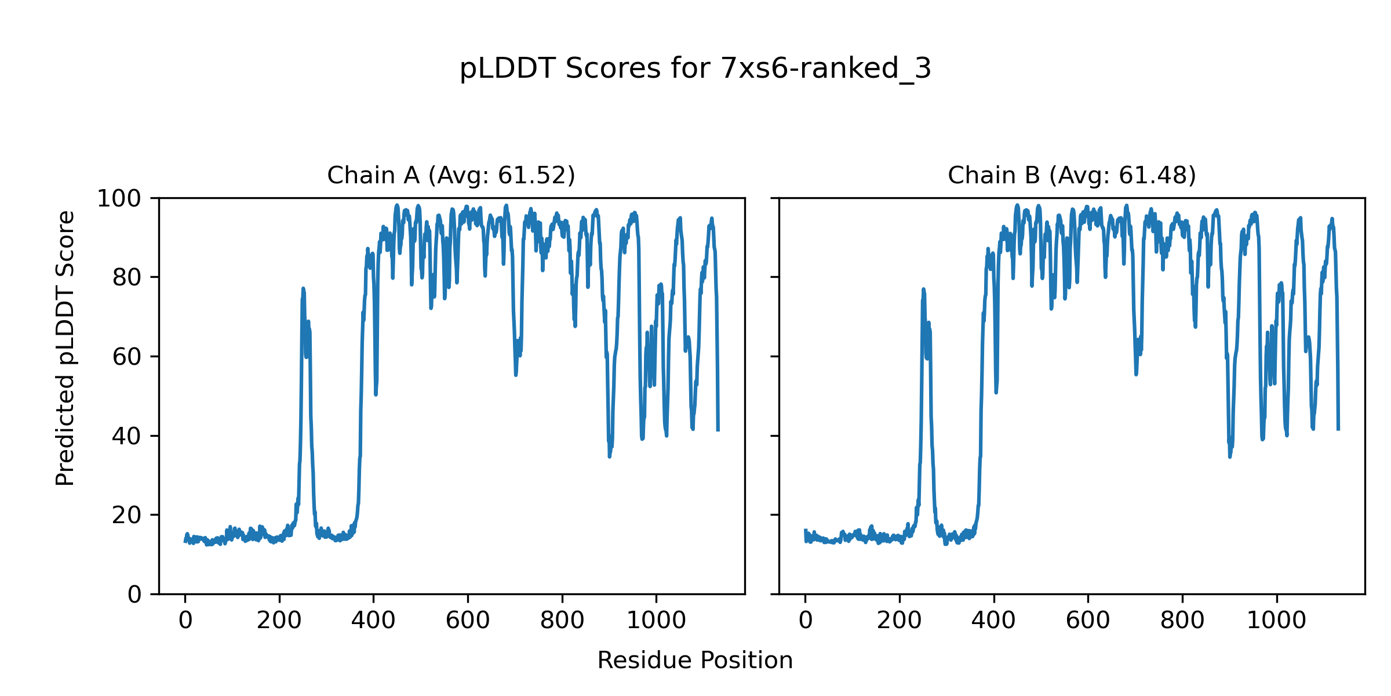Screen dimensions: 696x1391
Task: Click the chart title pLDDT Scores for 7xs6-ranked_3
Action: point(695,69)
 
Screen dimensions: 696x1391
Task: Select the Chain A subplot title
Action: point(451,175)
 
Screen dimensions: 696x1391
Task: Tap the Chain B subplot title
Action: point(1072,175)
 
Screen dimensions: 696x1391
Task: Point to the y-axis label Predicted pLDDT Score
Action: point(65,348)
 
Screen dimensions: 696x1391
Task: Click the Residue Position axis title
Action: point(695,661)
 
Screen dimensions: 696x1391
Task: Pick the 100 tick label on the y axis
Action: point(119,199)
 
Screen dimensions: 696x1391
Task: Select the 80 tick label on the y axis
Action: point(127,278)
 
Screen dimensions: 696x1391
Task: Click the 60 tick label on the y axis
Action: point(127,357)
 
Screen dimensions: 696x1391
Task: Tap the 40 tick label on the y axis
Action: point(127,436)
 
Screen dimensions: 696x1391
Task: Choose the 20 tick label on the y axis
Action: point(127,515)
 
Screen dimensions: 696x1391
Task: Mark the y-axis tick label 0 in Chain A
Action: point(134,594)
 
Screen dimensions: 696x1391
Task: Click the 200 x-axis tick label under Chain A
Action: point(279,621)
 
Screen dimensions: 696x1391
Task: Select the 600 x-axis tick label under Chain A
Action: point(468,621)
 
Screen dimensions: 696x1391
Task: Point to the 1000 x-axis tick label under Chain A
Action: point(656,621)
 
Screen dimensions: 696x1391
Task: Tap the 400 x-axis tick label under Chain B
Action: point(993,621)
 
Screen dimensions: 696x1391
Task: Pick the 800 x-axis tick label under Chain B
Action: point(1182,621)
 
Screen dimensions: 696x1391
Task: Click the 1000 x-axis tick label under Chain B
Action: point(1276,621)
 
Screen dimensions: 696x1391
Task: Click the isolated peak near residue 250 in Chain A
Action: point(303,289)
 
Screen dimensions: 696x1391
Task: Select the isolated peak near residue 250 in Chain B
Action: point(923,289)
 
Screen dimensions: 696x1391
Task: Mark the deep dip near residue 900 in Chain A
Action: point(609,456)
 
